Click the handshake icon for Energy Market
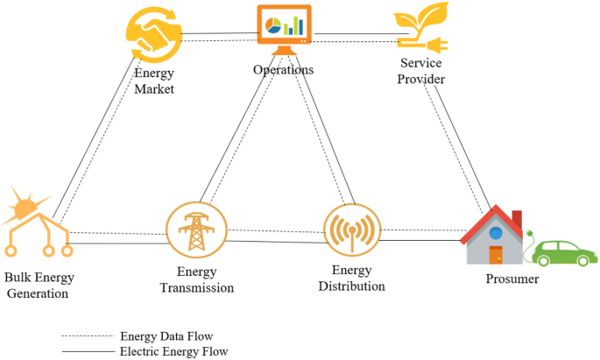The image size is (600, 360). [x=154, y=32]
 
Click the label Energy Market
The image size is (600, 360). [x=154, y=81]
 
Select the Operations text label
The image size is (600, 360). [x=283, y=70]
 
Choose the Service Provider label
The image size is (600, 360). [x=421, y=72]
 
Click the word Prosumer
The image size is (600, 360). [x=512, y=279]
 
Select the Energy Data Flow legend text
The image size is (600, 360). [x=166, y=335]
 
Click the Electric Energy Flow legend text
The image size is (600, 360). [x=173, y=351]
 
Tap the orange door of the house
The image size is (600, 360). [x=496, y=256]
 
